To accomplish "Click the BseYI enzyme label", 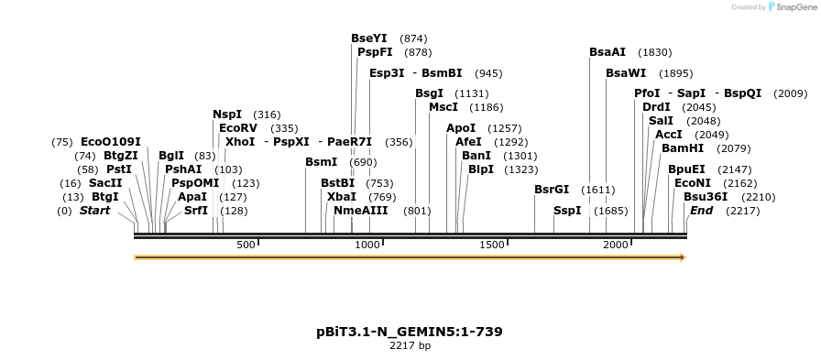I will point(368,38).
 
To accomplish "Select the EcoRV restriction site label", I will point(238,128).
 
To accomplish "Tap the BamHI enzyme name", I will point(682,147).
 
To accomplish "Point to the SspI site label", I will point(567,211).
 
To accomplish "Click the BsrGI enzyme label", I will point(552,190).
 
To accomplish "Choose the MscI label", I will point(443,107).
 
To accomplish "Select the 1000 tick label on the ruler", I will point(367,245).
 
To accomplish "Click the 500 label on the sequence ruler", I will point(246,245).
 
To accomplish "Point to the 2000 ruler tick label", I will point(616,245).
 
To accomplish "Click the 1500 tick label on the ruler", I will point(492,245).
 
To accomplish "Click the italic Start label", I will point(94,211).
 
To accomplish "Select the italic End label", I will point(701,211).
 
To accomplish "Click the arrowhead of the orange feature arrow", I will point(682,257).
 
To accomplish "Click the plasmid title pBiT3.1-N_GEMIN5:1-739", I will point(409,332).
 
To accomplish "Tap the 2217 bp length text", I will point(410,346).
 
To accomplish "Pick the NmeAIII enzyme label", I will point(360,211).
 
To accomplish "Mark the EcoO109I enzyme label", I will point(111,142).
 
